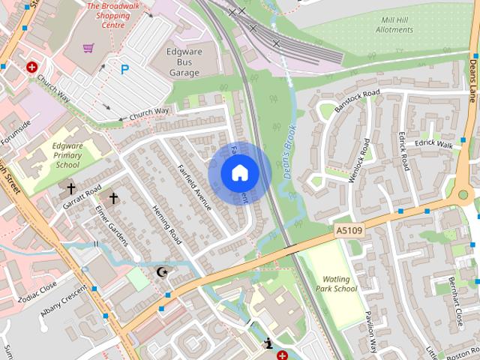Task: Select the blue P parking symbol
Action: [125, 69]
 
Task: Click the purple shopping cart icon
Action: [89, 48]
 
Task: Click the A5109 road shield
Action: [349, 233]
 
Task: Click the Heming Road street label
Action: [166, 225]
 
